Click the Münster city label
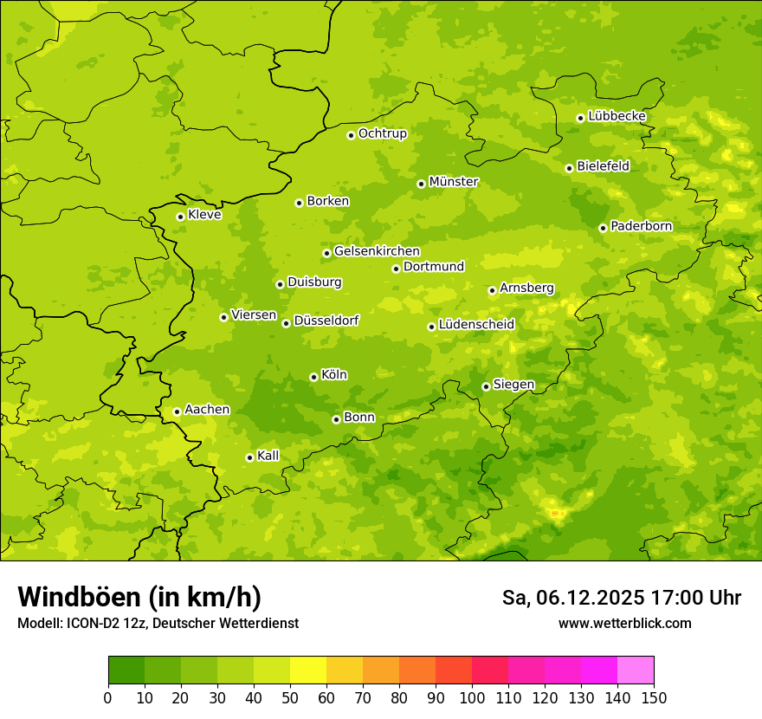tap(454, 182)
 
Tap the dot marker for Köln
tap(313, 377)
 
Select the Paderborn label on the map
tap(641, 226)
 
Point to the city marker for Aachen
tap(177, 411)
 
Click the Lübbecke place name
tap(617, 116)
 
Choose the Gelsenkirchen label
tap(377, 251)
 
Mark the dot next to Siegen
tap(486, 386)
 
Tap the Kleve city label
tap(204, 215)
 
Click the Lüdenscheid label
tap(476, 325)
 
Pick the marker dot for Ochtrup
tap(351, 135)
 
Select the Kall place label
tap(268, 456)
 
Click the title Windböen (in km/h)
tap(139, 597)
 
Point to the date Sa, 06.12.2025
tap(572, 598)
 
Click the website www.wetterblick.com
tap(624, 624)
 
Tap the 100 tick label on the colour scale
tap(472, 698)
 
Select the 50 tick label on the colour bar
tap(290, 698)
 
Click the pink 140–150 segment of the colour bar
tap(636, 670)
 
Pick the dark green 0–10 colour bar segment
tap(126, 670)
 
